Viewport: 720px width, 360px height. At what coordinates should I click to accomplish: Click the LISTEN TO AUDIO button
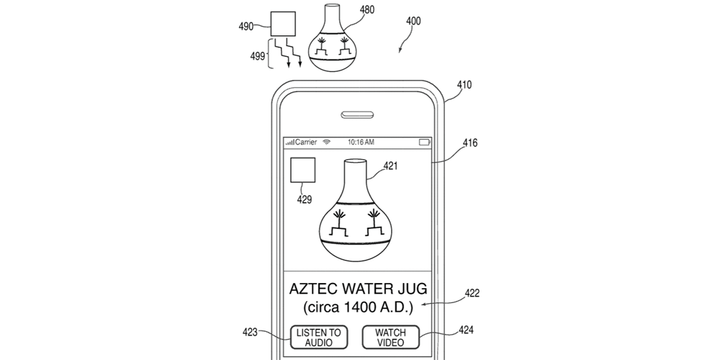pos(319,337)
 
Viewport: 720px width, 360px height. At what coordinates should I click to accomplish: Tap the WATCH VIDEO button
pos(390,337)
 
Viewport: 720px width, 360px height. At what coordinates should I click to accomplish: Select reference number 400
pos(413,21)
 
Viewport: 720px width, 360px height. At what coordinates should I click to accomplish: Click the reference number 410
pos(464,85)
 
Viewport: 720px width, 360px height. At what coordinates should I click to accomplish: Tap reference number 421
pos(390,166)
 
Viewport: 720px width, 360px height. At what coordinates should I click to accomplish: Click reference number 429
pos(305,199)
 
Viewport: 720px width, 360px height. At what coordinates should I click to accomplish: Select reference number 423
pos(250,332)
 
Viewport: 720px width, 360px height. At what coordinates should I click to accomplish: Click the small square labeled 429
pos(302,173)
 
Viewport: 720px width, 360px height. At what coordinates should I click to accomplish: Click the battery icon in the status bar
pos(425,143)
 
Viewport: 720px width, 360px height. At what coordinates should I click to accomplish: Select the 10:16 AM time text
pos(360,143)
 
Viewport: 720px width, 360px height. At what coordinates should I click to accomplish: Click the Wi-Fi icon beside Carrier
pos(326,143)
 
